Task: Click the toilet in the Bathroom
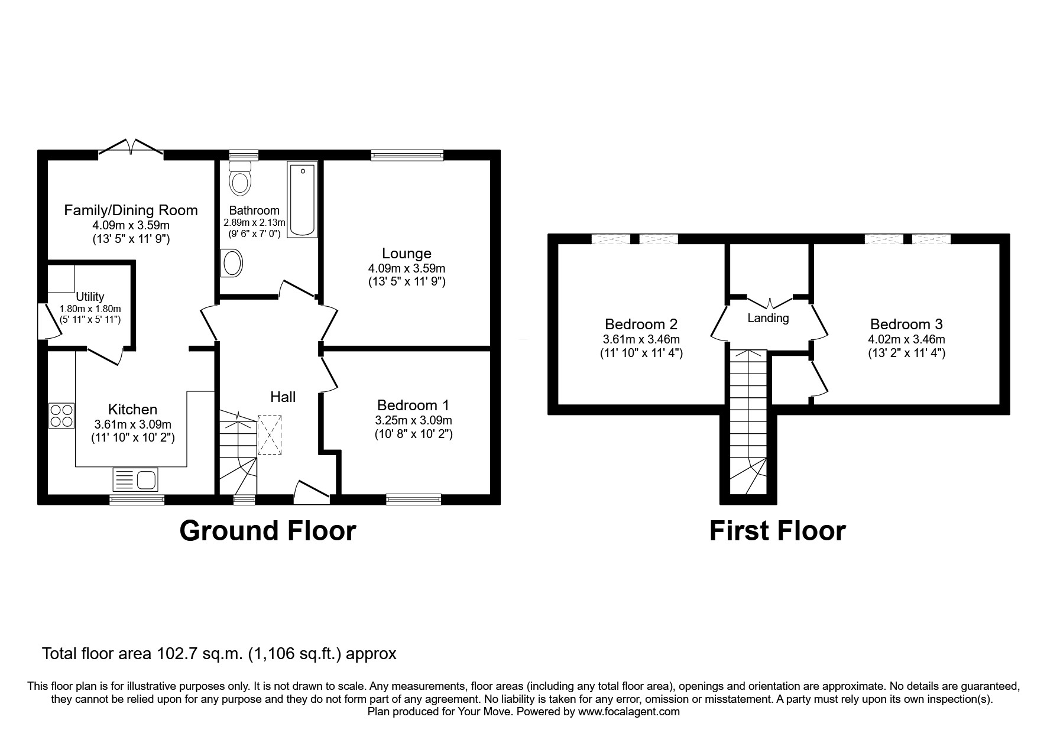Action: (240, 179)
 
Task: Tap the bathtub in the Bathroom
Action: (302, 200)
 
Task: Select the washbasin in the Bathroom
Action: (231, 263)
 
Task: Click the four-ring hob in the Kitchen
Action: (61, 416)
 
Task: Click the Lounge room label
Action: (406, 254)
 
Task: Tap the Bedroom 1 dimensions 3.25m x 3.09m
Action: (413, 420)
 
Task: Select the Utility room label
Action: (90, 297)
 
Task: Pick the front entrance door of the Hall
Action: (312, 494)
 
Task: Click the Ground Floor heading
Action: (267, 530)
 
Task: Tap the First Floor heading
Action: (777, 530)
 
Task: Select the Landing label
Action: (768, 318)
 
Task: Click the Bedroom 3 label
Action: (906, 324)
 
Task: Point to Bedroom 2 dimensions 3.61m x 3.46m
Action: (641, 340)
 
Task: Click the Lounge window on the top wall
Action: (407, 155)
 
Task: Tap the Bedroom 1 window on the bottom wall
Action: (413, 500)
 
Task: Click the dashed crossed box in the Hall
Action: (270, 435)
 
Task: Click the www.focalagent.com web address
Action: (628, 712)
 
